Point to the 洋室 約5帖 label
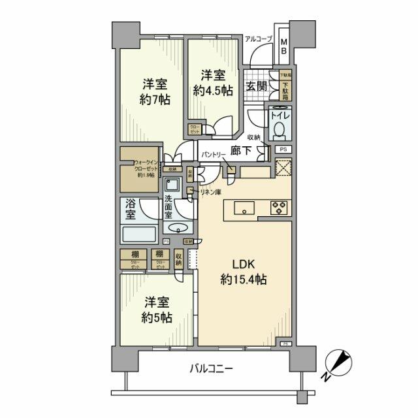pos(156,310)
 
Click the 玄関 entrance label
pos(255,86)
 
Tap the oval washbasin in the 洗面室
pos(177,228)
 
